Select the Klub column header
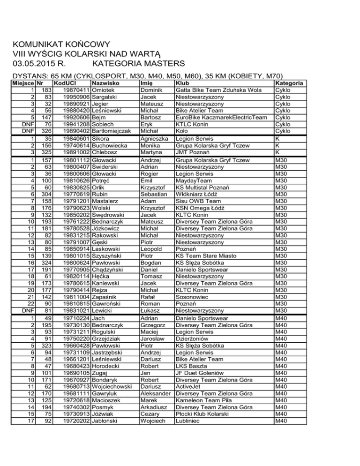pyautogui.click(x=181, y=83)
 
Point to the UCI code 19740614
pyautogui.click(x=75, y=146)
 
